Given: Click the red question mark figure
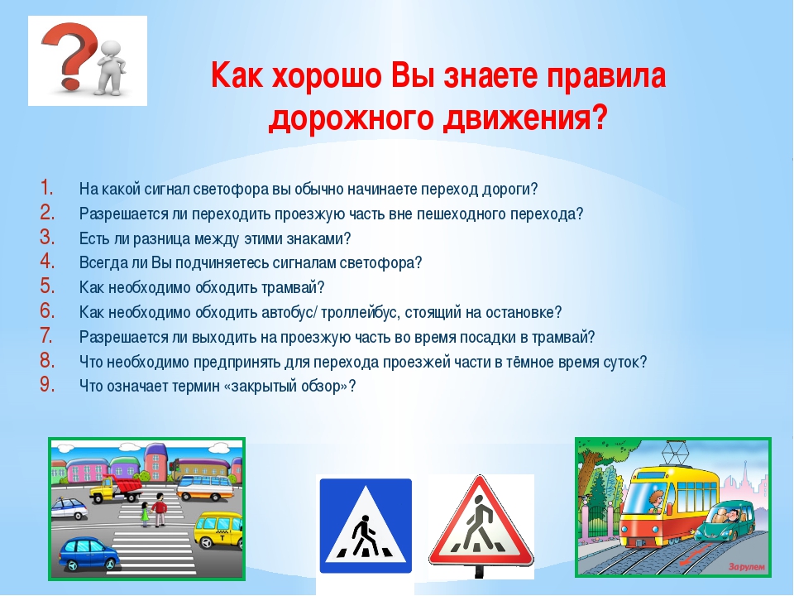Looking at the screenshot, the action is click(x=69, y=55).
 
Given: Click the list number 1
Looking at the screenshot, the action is click(x=47, y=188).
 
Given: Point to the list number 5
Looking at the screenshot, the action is click(x=47, y=286).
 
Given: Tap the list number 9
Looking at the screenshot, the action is click(x=47, y=385).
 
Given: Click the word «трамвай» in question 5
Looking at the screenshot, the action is click(x=289, y=288).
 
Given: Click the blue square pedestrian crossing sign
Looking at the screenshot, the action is click(x=365, y=525).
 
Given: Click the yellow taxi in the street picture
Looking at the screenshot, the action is click(x=218, y=530).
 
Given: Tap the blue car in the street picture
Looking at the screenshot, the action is click(x=89, y=554).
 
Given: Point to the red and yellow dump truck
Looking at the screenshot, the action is click(x=116, y=488).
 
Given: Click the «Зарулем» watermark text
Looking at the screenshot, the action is click(x=747, y=566).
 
